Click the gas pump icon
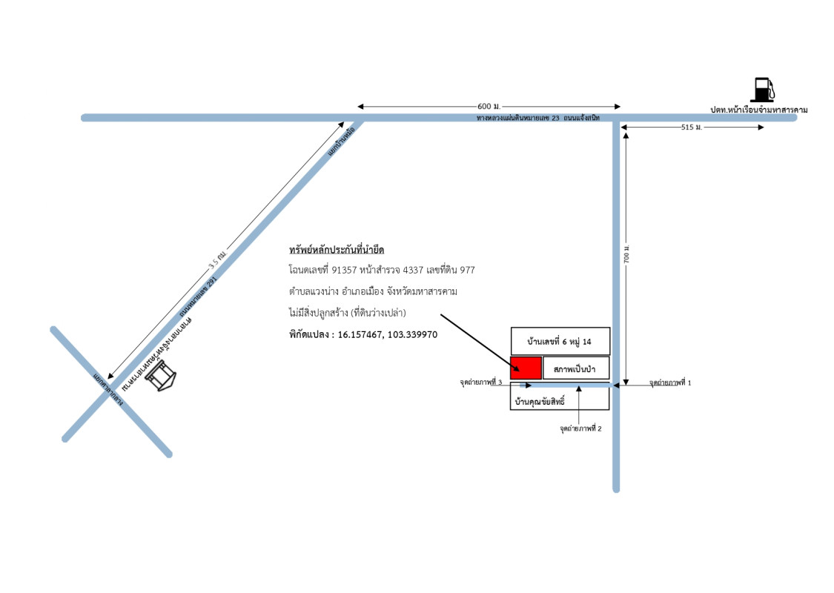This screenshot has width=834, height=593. click(763, 90)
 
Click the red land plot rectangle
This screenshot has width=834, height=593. click(526, 368)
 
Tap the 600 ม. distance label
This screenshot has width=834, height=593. click(489, 105)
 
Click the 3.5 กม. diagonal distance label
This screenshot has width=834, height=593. click(216, 262)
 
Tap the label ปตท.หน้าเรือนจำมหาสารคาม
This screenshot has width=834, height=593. click(758, 110)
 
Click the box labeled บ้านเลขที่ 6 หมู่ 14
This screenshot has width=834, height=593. click(560, 341)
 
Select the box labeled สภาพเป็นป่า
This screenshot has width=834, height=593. click(576, 368)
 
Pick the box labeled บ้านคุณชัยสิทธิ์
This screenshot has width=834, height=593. click(560, 400)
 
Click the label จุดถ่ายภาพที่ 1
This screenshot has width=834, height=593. click(669, 383)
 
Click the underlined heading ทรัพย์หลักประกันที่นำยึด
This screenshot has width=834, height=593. click(337, 250)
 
